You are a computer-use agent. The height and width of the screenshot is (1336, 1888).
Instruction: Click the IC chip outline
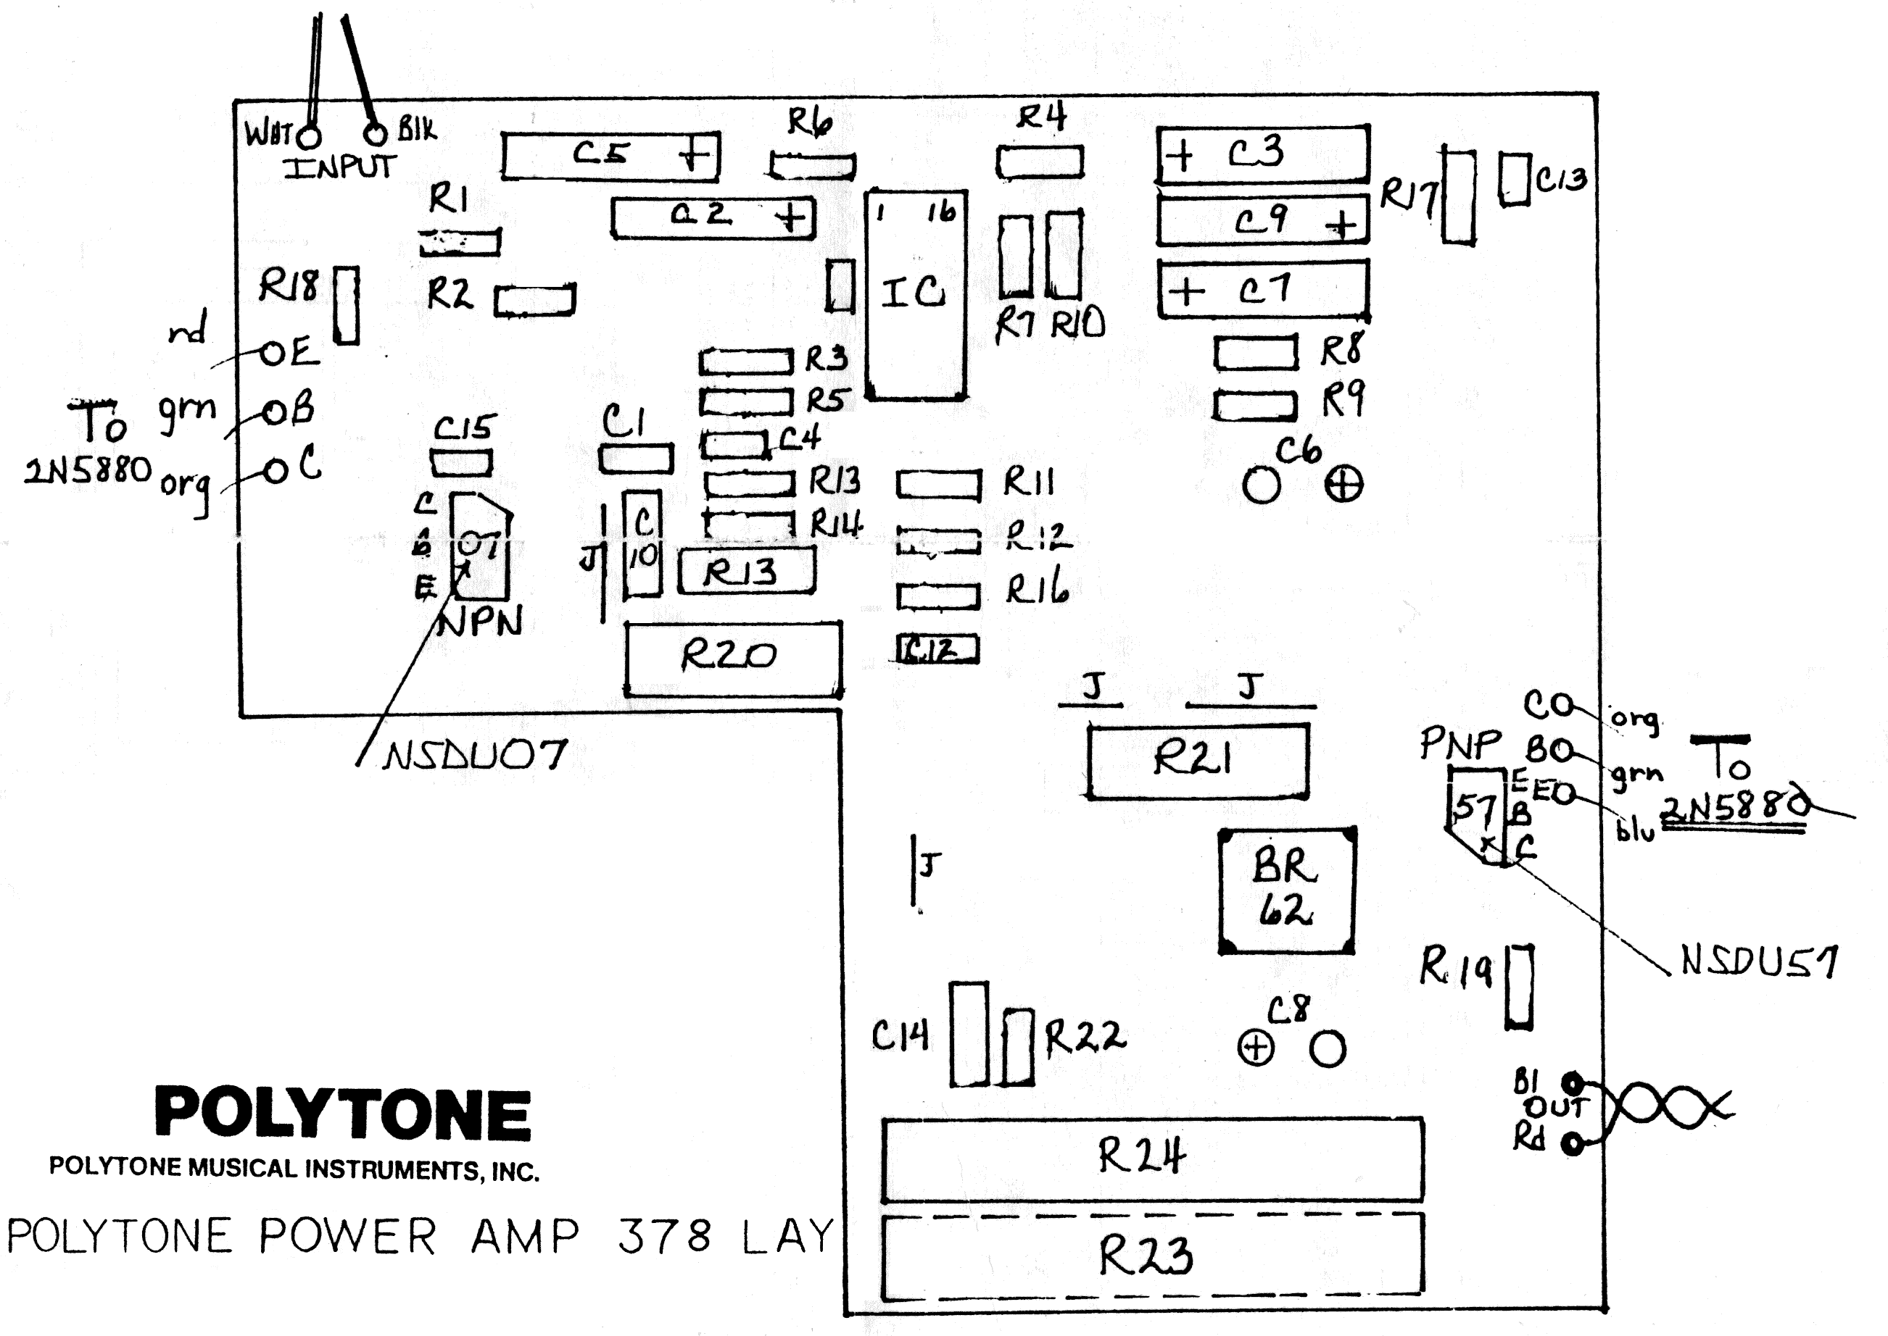tap(915, 296)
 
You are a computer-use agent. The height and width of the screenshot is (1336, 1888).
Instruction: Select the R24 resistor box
tap(1152, 1158)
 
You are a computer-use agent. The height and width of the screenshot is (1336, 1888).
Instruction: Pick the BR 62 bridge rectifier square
tap(1286, 891)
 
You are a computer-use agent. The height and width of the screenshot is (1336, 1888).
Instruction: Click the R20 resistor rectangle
tap(732, 658)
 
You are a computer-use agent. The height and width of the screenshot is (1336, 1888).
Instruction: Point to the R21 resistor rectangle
tap(1198, 759)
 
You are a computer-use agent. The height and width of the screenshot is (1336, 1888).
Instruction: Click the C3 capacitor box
tap(1262, 153)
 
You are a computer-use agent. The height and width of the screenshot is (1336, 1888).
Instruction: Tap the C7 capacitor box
tap(1262, 290)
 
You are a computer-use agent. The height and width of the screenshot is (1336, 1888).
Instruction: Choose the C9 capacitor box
tap(1262, 220)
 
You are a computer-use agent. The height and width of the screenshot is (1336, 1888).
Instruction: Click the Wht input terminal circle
tap(310, 135)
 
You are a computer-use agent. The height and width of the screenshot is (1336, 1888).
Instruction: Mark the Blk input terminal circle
tap(376, 133)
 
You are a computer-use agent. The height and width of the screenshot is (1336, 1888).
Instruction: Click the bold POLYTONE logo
tap(343, 1114)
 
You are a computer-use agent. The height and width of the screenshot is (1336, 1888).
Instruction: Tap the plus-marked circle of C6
tap(1343, 485)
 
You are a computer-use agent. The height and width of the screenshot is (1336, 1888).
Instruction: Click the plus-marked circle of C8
tap(1256, 1049)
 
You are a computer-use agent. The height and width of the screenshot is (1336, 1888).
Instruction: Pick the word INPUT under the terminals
tap(339, 168)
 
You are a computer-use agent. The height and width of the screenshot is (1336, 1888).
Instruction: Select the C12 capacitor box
tap(937, 650)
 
